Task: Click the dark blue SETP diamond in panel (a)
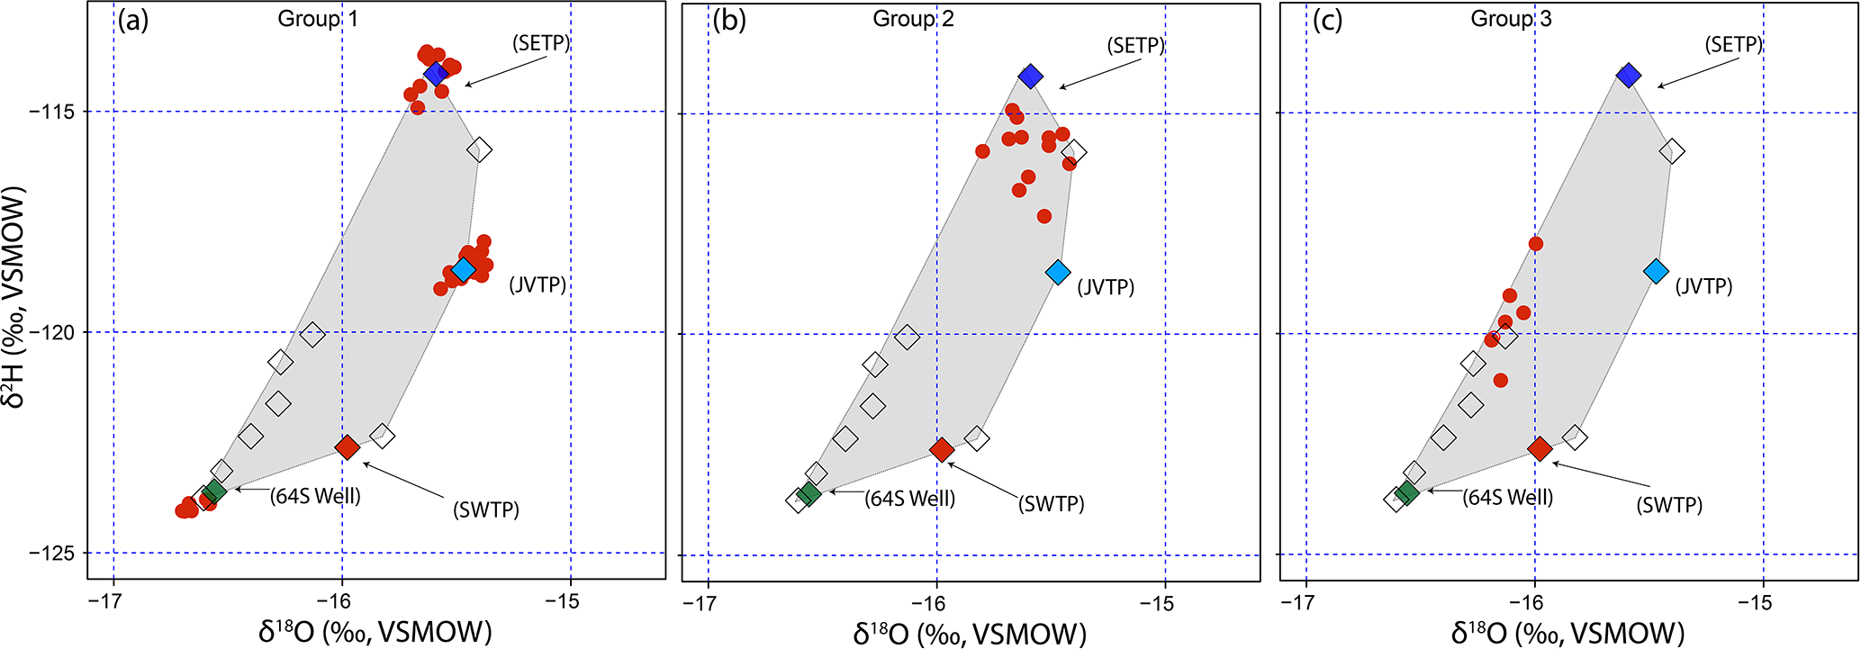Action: click(437, 73)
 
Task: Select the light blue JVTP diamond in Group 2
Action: click(1058, 272)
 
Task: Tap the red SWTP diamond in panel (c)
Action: click(1540, 448)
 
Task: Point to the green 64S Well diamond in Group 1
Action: click(214, 491)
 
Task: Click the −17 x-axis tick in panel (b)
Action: click(709, 603)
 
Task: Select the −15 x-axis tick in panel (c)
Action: click(1761, 603)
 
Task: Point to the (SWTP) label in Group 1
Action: click(486, 509)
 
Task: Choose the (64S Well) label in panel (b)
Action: click(909, 499)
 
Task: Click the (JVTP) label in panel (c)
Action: click(1703, 286)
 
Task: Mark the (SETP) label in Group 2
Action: click(1135, 45)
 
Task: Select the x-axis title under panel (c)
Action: click(1567, 633)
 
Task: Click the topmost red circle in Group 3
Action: click(1536, 244)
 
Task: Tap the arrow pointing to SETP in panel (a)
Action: click(505, 72)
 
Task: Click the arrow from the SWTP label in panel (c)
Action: click(1594, 477)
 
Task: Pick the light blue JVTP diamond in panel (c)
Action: click(1656, 270)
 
